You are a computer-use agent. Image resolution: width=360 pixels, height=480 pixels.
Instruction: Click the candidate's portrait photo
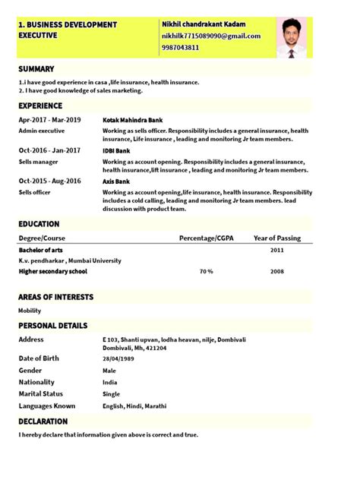[x=292, y=37]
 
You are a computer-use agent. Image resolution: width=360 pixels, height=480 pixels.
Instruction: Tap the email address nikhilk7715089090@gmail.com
[x=211, y=36]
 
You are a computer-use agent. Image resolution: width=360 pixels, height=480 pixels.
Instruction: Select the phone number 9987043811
[x=181, y=47]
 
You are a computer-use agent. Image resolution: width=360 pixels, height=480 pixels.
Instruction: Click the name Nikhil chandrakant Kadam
[x=204, y=24]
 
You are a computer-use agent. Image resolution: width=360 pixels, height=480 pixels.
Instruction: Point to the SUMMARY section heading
[x=36, y=69]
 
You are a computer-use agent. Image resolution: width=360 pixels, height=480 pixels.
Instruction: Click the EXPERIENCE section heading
[x=40, y=106]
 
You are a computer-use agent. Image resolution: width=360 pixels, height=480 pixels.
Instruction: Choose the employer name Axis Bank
[x=117, y=181]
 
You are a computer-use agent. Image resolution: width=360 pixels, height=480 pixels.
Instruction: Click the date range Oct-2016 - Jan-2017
[x=49, y=150]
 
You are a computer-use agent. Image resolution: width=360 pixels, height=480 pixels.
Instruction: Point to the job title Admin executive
[x=41, y=131]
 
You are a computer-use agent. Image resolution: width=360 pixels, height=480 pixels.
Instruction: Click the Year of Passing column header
[x=277, y=238]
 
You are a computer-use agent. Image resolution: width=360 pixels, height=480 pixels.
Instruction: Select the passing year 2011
[x=277, y=250]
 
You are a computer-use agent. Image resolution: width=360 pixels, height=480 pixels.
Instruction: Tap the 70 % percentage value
[x=206, y=271]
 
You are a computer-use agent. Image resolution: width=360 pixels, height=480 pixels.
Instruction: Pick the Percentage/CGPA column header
[x=207, y=238]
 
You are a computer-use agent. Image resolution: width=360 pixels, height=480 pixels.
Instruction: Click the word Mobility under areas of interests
[x=30, y=311]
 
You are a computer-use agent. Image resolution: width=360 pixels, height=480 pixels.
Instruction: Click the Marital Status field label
[x=42, y=393]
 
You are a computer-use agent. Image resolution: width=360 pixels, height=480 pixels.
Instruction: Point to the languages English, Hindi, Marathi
[x=134, y=406]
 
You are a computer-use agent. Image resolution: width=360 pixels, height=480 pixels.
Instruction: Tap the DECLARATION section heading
[x=43, y=421]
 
